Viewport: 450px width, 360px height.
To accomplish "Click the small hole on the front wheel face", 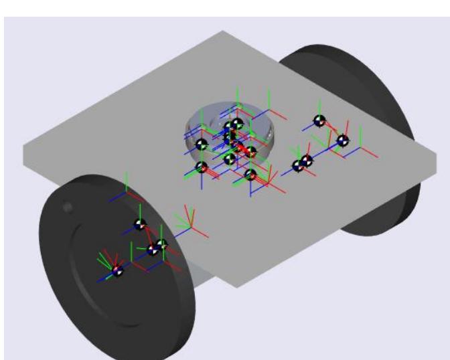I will point(66,208).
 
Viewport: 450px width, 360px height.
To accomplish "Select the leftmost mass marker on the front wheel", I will point(118,271).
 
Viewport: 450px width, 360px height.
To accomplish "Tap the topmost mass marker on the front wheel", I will point(140,225).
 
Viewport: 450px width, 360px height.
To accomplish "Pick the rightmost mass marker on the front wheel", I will point(161,244).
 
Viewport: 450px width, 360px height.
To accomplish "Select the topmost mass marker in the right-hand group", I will point(319,121).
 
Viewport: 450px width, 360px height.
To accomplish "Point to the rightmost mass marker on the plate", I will point(342,141).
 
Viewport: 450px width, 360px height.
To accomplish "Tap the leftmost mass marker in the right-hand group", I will point(298,166).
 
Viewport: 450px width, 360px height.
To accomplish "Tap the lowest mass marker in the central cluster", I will point(250,175).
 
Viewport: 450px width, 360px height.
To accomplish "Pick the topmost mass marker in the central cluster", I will point(237,124).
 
